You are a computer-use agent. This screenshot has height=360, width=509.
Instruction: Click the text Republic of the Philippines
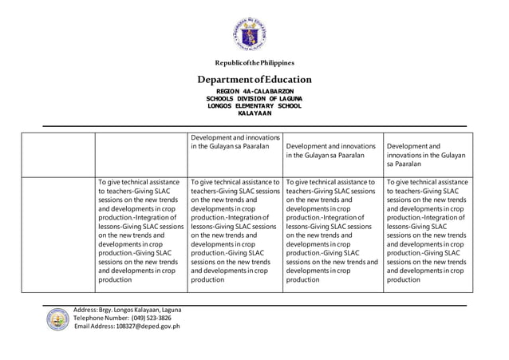pos(254,62)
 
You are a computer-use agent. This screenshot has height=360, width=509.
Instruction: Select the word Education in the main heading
pos(282,80)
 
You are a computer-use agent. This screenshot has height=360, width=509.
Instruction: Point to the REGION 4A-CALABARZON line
pos(254,93)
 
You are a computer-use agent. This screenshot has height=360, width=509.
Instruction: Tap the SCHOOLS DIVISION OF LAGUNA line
pos(254,100)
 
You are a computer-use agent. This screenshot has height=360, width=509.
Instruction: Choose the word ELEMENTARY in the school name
pos(253,107)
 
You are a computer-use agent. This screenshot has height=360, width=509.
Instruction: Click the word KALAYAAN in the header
pos(254,114)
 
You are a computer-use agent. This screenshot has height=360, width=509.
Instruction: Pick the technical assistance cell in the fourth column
pos(332,231)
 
